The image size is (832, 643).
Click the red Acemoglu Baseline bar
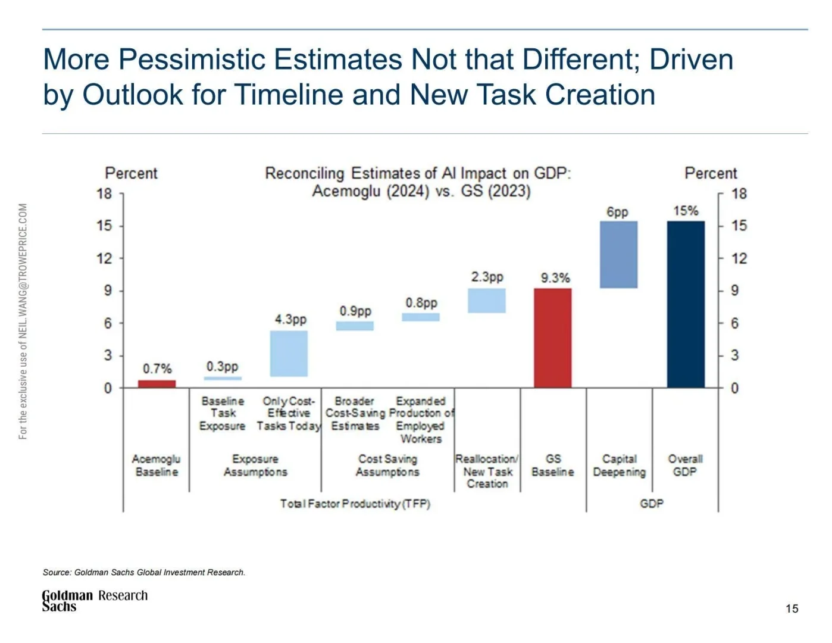pos(157,384)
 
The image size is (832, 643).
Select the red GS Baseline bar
pos(552,338)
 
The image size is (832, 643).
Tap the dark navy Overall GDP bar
pos(686,304)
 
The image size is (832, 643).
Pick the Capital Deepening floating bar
pos(618,255)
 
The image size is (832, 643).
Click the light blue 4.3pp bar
pos(289,354)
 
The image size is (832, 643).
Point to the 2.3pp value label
pos(487,277)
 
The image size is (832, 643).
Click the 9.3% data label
pos(555,278)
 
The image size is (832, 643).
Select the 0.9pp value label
pos(355,311)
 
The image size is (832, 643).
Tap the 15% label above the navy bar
pos(686,211)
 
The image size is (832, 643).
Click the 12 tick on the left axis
pos(104,258)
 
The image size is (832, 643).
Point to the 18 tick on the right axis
pos(739,194)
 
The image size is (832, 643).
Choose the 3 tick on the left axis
pos(107,355)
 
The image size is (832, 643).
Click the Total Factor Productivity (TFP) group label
pos(355,504)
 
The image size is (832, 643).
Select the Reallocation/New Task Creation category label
pos(487,471)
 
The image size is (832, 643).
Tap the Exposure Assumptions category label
pos(255,466)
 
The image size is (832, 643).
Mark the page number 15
pos(792,608)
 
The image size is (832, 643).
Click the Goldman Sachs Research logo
pos(94,600)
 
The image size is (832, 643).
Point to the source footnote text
pos(144,572)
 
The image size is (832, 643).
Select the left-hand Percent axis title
pos(131,173)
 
